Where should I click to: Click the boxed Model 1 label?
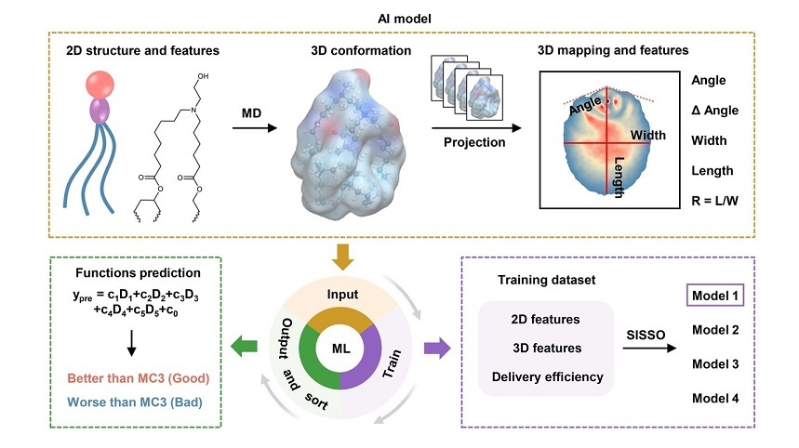[718, 297]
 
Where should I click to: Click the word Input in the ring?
[343, 295]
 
